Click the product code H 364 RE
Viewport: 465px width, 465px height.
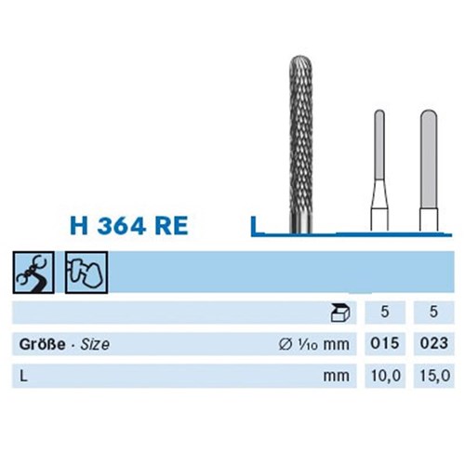(129, 225)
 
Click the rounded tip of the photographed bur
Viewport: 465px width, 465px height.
(300, 61)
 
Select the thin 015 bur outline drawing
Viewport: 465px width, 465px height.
(379, 170)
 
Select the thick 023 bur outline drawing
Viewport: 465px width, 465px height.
(429, 170)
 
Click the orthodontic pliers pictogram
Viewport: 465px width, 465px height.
(33, 272)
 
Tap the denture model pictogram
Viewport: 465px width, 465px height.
(86, 272)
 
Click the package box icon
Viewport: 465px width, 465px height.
(340, 312)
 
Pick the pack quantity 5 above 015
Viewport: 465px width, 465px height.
(385, 312)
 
